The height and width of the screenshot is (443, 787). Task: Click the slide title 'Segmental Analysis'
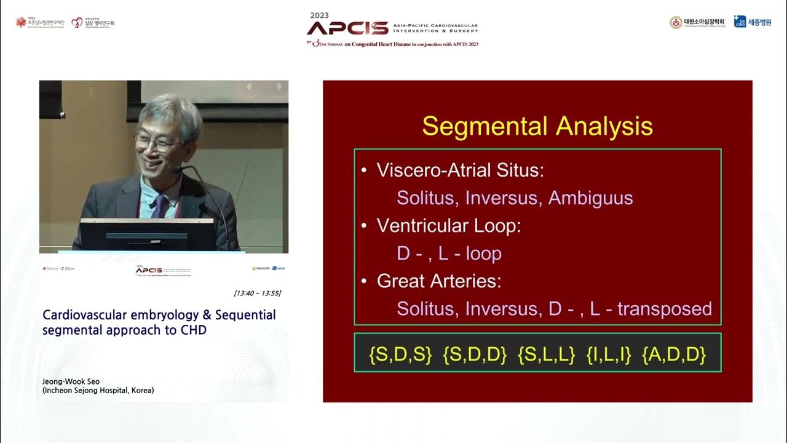click(x=537, y=126)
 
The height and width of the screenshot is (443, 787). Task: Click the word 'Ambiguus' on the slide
click(x=590, y=198)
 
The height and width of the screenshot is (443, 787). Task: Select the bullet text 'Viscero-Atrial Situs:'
click(x=460, y=170)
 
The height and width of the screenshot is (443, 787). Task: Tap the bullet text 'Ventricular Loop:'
click(x=449, y=226)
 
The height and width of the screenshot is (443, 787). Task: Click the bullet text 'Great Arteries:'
click(x=439, y=281)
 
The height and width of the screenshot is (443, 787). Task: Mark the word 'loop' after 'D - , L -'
click(x=483, y=253)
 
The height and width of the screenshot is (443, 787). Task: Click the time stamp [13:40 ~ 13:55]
click(x=257, y=293)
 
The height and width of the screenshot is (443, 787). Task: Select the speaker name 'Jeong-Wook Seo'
click(x=71, y=381)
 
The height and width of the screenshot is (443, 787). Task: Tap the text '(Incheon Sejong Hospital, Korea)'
click(x=98, y=390)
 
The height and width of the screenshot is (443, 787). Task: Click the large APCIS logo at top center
click(x=347, y=28)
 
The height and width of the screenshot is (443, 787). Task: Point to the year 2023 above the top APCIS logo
click(x=320, y=15)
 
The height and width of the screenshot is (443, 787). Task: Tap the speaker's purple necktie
click(x=159, y=206)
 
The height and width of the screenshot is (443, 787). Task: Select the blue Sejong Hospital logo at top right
click(x=753, y=22)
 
